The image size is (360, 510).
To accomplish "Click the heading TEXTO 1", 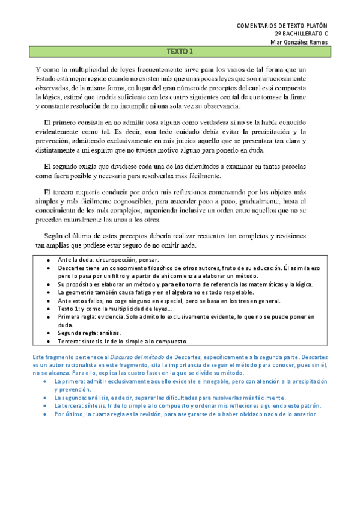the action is [180, 52].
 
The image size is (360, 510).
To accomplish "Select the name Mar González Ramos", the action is [299, 41].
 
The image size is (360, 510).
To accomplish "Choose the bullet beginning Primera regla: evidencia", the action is [180, 316].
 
